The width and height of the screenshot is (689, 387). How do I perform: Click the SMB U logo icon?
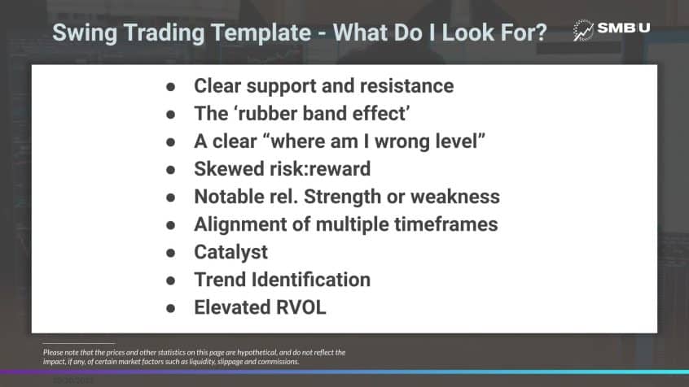point(584,30)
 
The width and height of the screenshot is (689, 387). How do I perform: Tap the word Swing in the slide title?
point(81,33)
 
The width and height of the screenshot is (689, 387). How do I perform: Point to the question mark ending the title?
point(541,33)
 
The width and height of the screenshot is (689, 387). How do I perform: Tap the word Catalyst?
point(230,251)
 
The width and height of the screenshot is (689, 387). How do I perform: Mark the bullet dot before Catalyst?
point(170,252)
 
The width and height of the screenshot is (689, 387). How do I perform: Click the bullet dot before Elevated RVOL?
point(170,308)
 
